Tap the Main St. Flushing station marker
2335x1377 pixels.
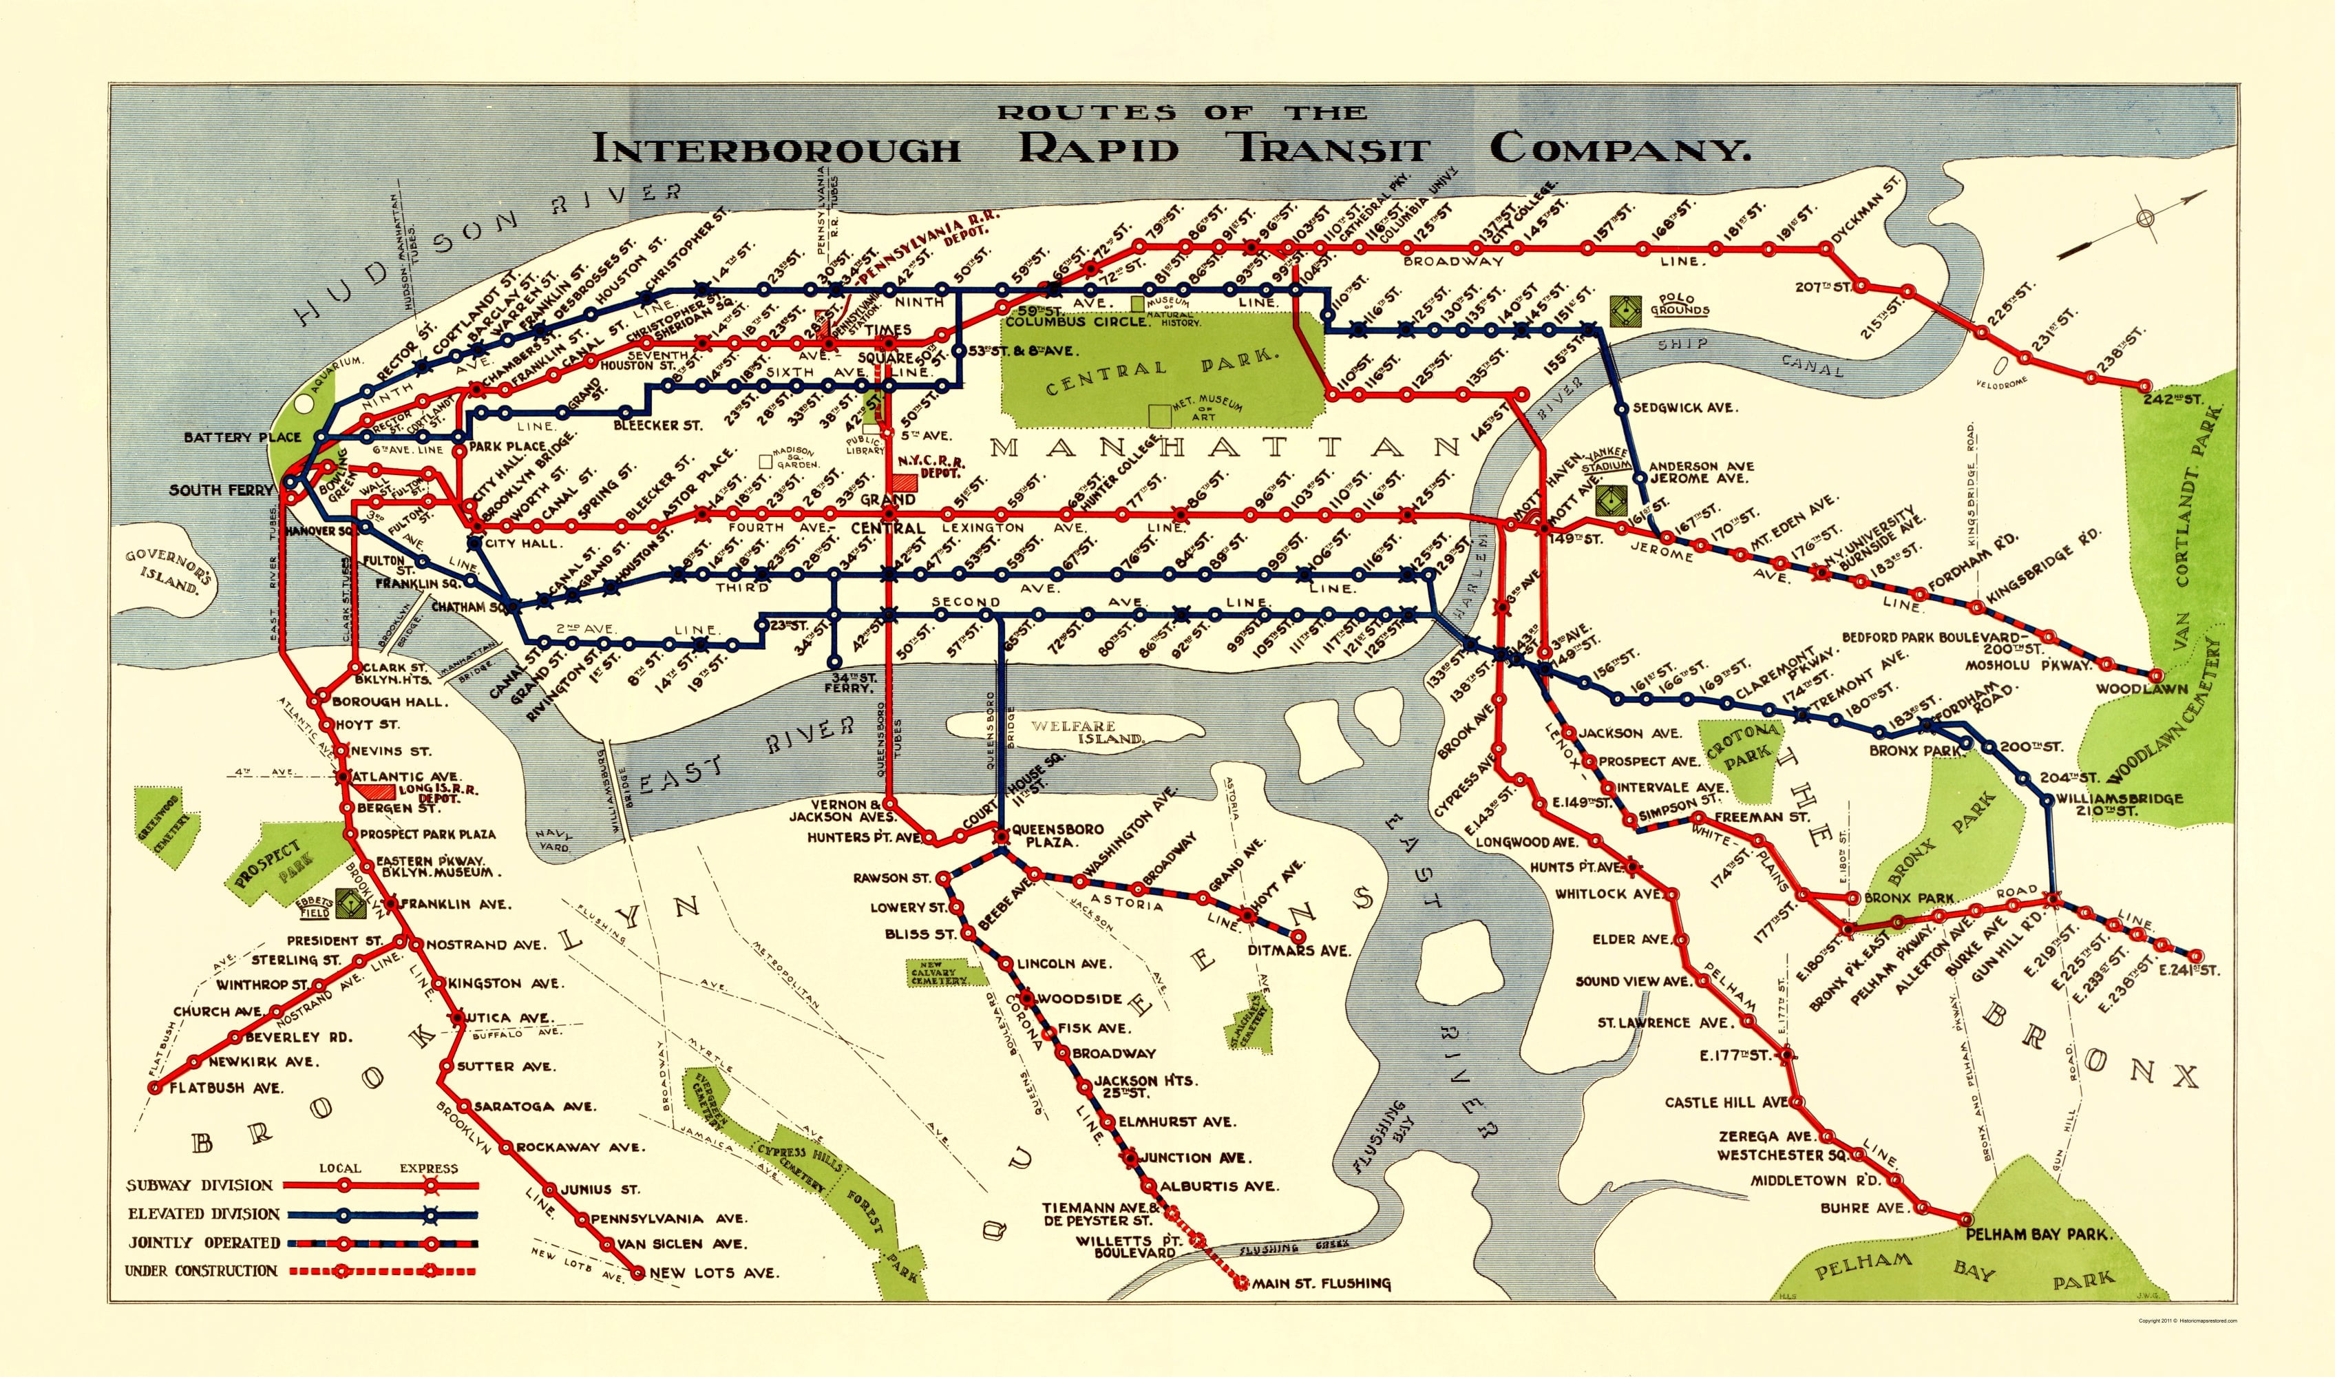(x=1241, y=1284)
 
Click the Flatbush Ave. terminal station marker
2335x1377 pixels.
(x=154, y=1088)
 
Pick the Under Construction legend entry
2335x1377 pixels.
(x=201, y=1270)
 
